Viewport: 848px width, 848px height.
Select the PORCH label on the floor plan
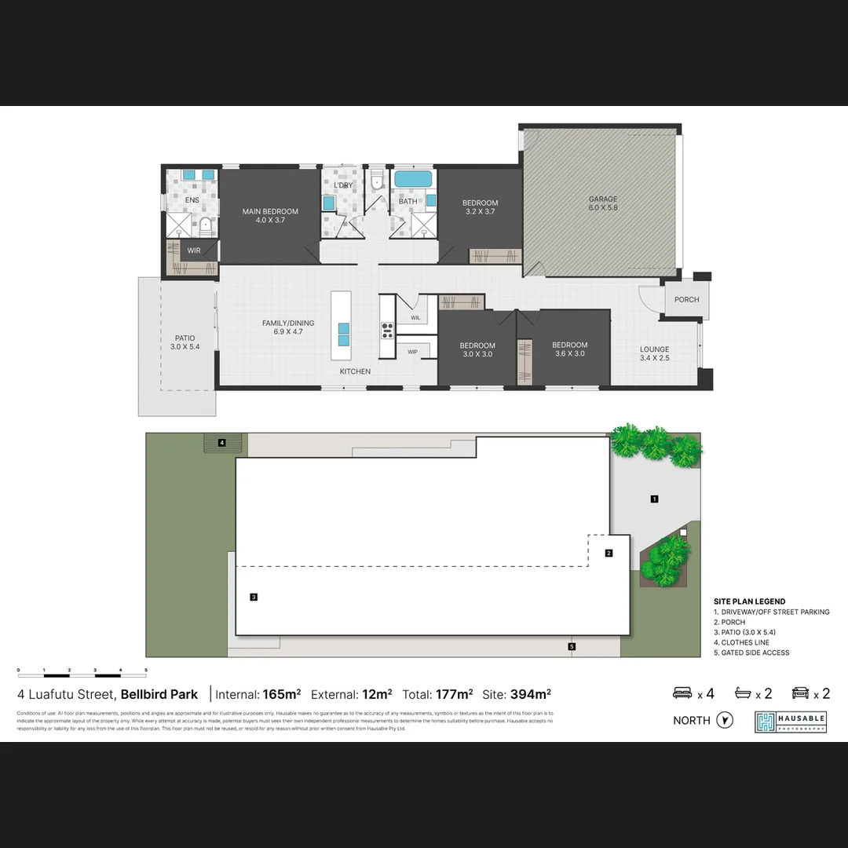tap(686, 299)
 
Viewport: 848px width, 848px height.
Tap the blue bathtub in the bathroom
tap(412, 179)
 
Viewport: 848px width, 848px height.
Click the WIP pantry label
tap(412, 351)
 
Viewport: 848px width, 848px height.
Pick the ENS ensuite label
tap(192, 200)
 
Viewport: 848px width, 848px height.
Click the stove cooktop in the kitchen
tap(387, 330)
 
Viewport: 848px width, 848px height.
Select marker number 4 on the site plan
tap(222, 443)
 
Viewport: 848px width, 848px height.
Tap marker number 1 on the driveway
tap(654, 499)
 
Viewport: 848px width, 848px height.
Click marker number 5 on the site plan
tap(572, 646)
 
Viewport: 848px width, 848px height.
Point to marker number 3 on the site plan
tap(254, 597)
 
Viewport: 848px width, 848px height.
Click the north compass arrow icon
tap(725, 720)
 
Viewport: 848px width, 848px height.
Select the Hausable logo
tap(790, 722)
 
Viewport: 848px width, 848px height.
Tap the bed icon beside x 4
tap(682, 693)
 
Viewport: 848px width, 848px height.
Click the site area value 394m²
tap(531, 694)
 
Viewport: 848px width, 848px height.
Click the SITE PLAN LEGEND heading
tap(749, 601)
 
